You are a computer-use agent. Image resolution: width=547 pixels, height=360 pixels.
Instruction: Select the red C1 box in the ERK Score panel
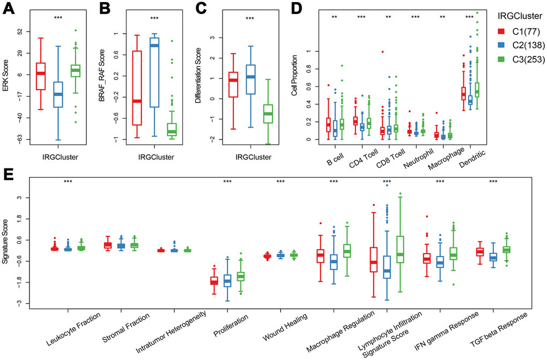pyautogui.click(x=41, y=76)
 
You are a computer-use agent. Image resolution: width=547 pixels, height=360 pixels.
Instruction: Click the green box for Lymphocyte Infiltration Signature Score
pyautogui.click(x=399, y=249)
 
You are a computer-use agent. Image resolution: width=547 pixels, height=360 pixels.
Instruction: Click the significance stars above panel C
pyautogui.click(x=250, y=19)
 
